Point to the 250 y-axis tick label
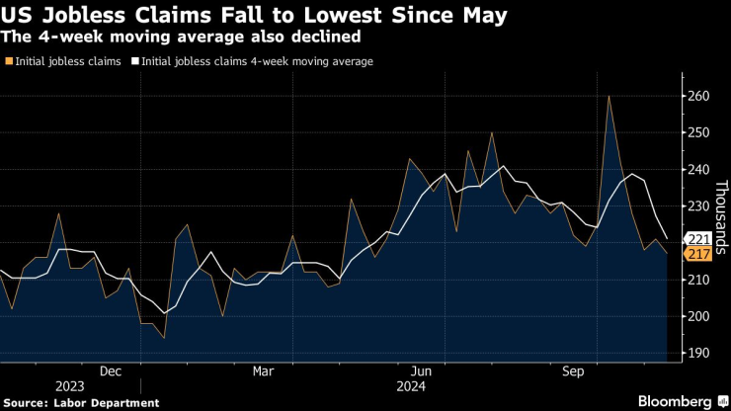pyautogui.click(x=697, y=132)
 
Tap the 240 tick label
pyautogui.click(x=697, y=170)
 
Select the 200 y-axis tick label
pyautogui.click(x=697, y=316)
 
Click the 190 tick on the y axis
pyautogui.click(x=697, y=353)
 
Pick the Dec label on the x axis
pyautogui.click(x=111, y=371)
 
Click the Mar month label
pyautogui.click(x=264, y=371)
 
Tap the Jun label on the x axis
pyautogui.click(x=420, y=371)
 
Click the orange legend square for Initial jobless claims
pyautogui.click(x=9, y=61)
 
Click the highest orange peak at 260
pyautogui.click(x=609, y=96)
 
